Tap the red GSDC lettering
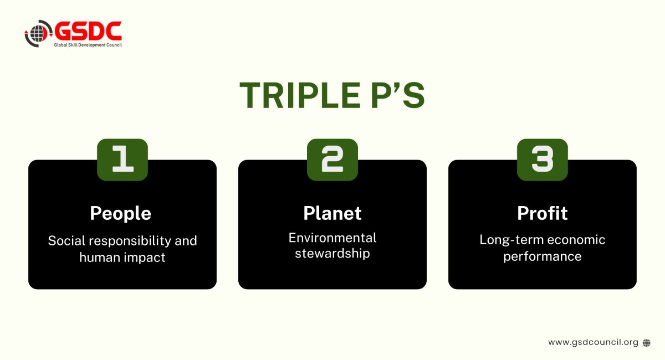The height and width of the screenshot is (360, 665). tap(88, 31)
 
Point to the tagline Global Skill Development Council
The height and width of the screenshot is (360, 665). tap(88, 45)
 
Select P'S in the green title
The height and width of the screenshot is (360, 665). tap(398, 95)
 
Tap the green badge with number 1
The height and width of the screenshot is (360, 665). tap(122, 160)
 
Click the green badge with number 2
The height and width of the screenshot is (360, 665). tap(332, 160)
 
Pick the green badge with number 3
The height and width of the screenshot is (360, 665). tap(543, 160)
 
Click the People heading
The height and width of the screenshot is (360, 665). tap(121, 213)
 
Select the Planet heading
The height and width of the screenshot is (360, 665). tap(332, 213)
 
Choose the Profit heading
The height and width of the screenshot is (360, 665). tap(543, 213)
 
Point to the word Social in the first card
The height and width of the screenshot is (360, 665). tap(67, 240)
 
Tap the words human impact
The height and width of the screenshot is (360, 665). tap(122, 258)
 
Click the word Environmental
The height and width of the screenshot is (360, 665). tap(332, 238)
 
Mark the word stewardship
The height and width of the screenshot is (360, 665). tap(332, 254)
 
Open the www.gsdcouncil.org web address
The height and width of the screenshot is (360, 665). tap(593, 342)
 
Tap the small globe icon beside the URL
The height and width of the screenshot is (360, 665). tap(647, 343)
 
